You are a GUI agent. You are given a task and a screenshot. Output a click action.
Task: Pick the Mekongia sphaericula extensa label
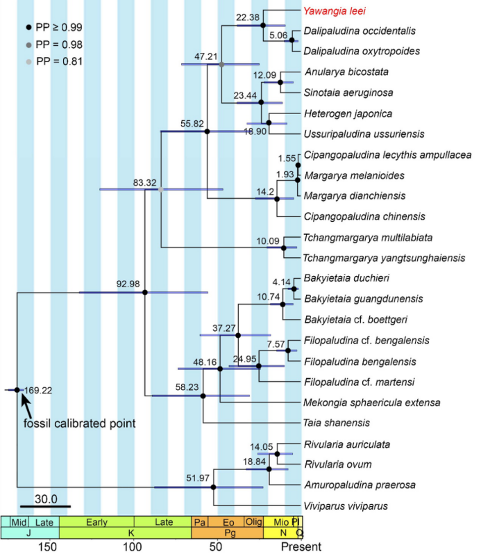367,402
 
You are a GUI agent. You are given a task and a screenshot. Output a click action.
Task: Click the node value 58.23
187,387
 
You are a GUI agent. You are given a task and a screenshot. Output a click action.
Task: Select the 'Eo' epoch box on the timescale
227,521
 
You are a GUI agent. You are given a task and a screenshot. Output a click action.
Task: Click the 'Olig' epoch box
254,521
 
